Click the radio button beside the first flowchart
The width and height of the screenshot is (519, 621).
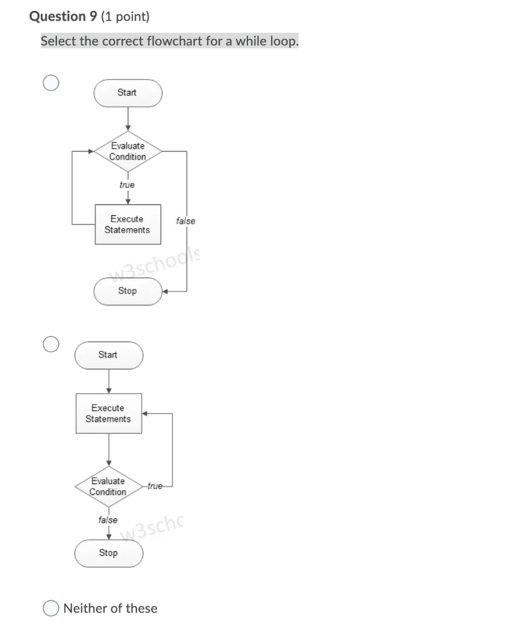[51, 83]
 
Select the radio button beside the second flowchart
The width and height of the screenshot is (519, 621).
[51, 344]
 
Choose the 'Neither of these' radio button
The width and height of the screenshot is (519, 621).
[52, 608]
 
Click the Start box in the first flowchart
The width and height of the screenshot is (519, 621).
[127, 93]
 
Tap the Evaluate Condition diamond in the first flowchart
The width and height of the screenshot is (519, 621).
[127, 151]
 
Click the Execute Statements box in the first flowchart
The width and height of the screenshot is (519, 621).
[127, 224]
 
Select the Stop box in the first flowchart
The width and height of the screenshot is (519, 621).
[127, 291]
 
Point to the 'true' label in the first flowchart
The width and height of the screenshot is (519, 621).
[127, 184]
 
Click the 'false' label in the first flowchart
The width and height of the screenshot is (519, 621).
[186, 221]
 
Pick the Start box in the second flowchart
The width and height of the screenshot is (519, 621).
[109, 355]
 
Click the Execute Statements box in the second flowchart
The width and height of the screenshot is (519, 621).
[109, 414]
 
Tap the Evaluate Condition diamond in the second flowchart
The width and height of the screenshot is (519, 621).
[109, 486]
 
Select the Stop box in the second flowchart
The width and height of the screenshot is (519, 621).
[109, 553]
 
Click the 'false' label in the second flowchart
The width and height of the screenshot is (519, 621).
[108, 520]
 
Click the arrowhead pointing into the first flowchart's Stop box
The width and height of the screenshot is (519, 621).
[166, 292]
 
